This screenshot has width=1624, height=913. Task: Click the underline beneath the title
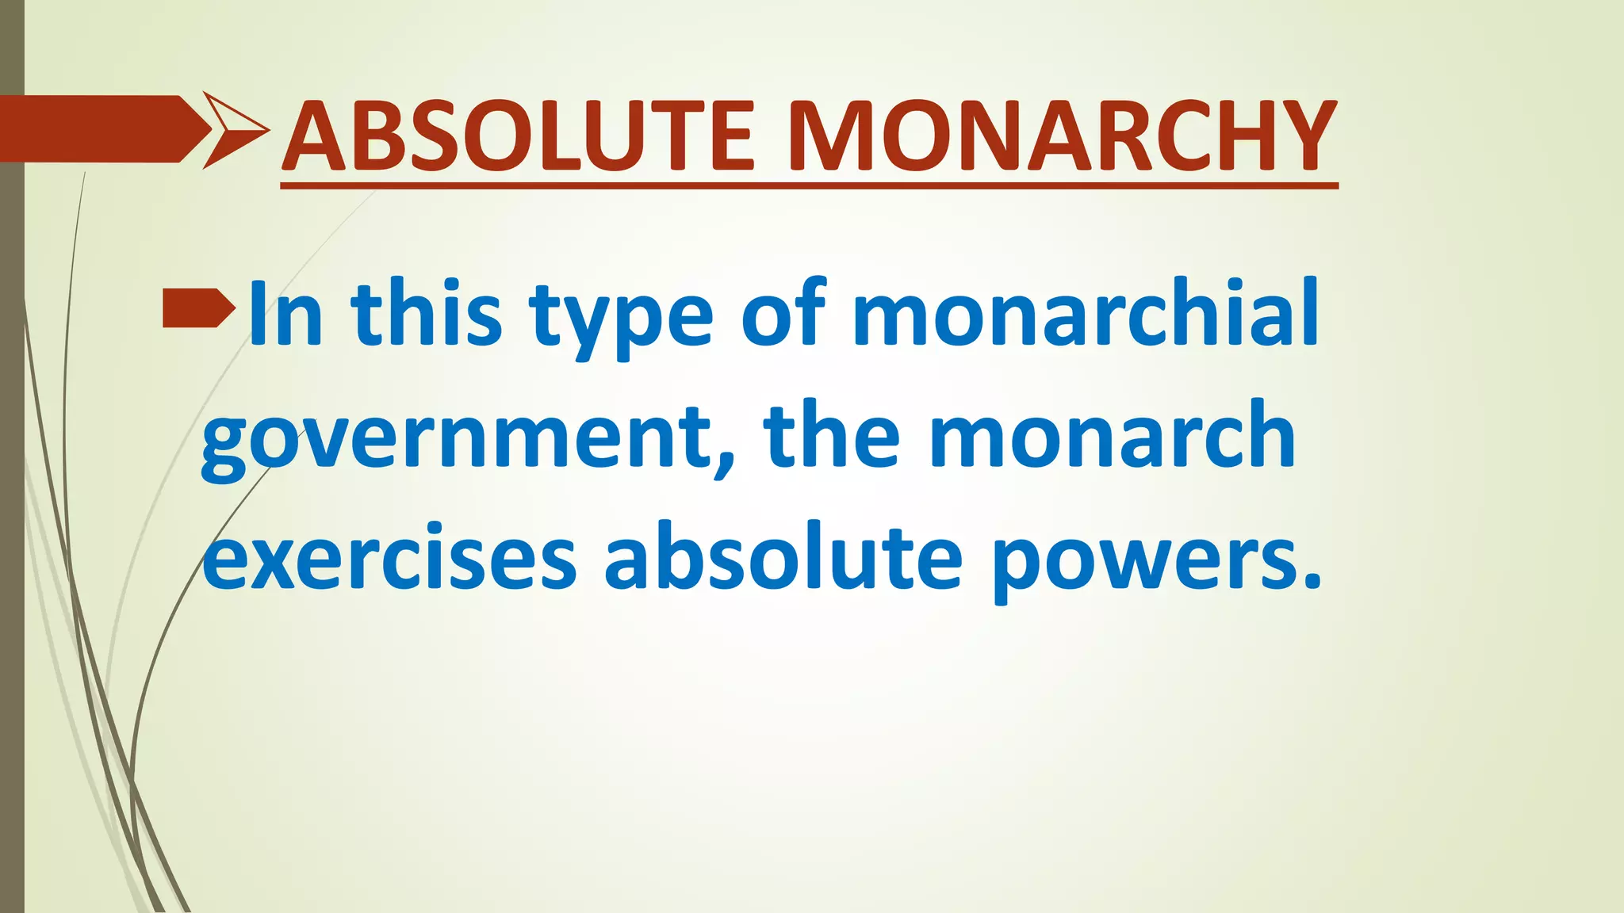point(809,185)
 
